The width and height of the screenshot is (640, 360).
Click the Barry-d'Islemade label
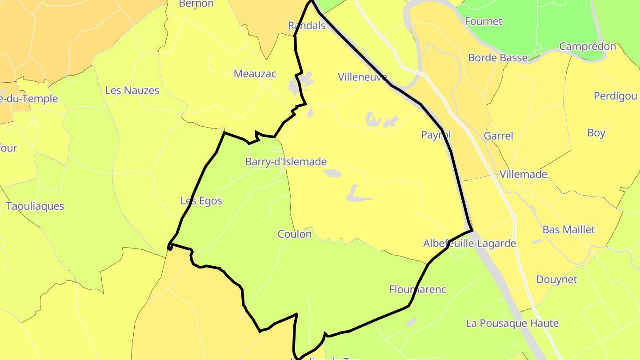[286, 162]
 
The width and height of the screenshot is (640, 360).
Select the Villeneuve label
[363, 77]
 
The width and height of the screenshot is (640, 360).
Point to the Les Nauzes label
[132, 91]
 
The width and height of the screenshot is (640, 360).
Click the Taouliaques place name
[35, 206]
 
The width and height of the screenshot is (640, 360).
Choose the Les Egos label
[201, 201]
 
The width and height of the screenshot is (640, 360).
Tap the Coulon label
[295, 234]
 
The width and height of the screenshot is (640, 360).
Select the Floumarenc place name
[418, 289]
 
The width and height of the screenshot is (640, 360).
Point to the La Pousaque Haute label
[512, 323]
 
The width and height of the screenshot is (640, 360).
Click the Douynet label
[556, 280]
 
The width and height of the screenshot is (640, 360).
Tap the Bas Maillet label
[568, 230]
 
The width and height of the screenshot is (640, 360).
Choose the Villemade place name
[523, 174]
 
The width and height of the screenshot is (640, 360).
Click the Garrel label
[498, 136]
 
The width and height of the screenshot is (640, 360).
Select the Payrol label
[436, 135]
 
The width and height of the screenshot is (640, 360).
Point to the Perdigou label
[615, 96]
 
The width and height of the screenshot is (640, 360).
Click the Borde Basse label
[498, 58]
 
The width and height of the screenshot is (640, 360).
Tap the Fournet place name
[483, 21]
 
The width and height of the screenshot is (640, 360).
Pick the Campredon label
[588, 46]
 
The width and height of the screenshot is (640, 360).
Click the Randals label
[307, 26]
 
